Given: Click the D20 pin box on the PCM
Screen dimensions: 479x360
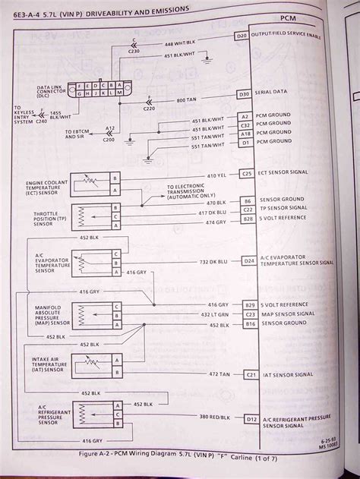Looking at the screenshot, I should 242,36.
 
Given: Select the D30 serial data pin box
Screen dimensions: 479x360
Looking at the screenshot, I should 244,94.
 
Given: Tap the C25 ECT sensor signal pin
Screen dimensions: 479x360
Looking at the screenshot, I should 247,174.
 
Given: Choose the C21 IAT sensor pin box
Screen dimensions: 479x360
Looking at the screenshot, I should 250,374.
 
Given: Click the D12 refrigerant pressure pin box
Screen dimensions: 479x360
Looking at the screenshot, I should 251,418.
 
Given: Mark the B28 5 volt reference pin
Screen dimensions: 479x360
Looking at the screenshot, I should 248,219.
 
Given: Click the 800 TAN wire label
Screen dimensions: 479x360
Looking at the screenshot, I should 187,100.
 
